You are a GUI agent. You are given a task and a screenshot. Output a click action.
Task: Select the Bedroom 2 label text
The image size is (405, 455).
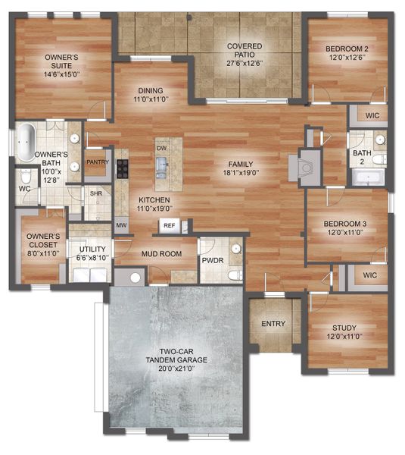(346, 54)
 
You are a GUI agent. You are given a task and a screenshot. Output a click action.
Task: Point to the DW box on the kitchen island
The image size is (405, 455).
(161, 149)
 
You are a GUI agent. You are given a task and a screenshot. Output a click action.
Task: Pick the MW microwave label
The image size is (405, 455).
(120, 225)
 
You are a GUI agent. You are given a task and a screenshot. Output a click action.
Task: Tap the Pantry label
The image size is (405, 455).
(95, 162)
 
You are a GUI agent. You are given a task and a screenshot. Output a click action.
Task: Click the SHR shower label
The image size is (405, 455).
(95, 193)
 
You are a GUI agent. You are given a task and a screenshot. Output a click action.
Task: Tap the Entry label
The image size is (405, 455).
(273, 324)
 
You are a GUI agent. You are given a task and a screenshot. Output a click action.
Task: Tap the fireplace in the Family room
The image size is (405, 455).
(307, 165)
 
